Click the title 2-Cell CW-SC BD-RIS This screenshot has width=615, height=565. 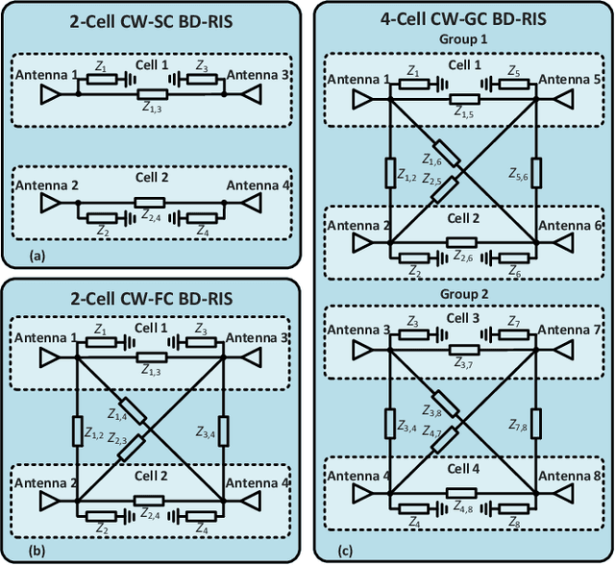click(155, 24)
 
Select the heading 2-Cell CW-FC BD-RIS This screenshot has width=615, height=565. click(155, 296)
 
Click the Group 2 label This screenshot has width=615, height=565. click(463, 293)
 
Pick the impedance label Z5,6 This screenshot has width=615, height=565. click(519, 174)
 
